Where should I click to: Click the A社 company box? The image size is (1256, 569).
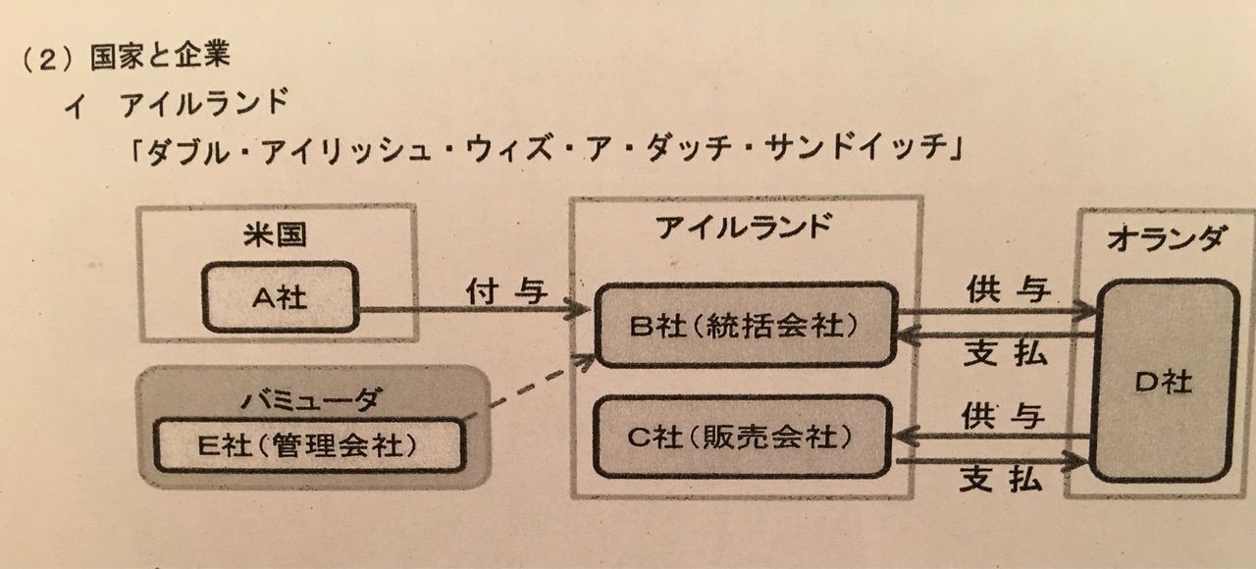click(x=280, y=297)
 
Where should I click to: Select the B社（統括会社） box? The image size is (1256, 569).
click(x=746, y=325)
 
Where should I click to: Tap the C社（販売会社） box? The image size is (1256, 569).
click(x=742, y=437)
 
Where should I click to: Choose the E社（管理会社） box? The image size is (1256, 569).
click(x=309, y=445)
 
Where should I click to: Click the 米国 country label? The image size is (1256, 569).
click(x=275, y=234)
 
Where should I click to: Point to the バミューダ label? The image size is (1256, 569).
click(x=312, y=399)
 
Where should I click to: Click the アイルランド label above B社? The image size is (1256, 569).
click(x=744, y=227)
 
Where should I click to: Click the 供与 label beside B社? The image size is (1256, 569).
click(x=1008, y=289)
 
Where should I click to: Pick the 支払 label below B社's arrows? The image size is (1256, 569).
click(x=1006, y=354)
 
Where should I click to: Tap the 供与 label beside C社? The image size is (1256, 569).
click(x=1003, y=417)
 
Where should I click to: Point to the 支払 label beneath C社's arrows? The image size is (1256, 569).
click(x=1002, y=480)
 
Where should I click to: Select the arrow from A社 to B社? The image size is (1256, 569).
click(x=474, y=309)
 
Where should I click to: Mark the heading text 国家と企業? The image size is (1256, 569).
click(x=160, y=56)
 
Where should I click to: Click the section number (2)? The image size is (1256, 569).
click(x=48, y=58)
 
